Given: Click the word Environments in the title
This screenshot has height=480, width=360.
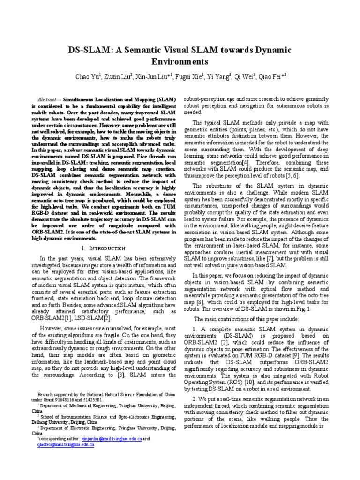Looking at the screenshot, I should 180,61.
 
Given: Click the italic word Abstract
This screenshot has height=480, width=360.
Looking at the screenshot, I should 47,100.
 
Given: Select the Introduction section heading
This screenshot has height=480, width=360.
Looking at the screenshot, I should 106,247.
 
